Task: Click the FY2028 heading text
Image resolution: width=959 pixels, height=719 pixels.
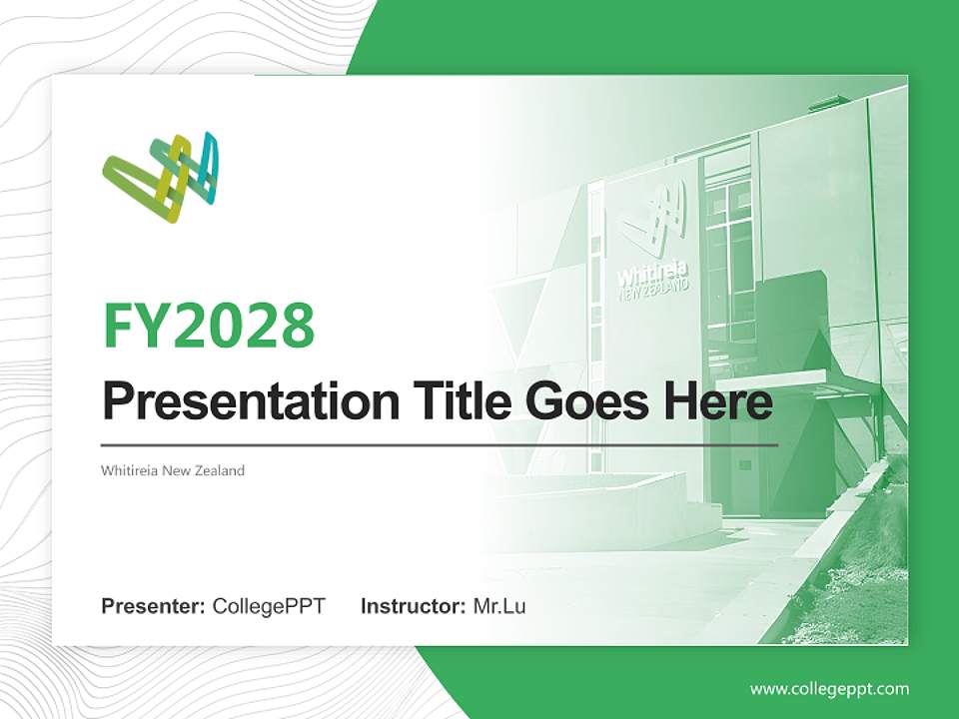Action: pyautogui.click(x=209, y=325)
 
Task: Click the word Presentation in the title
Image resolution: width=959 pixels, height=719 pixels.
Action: pyautogui.click(x=236, y=403)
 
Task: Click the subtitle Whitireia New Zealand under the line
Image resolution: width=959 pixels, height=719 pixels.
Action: pyautogui.click(x=172, y=470)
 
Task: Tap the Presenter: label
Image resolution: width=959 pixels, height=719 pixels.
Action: pyautogui.click(x=153, y=606)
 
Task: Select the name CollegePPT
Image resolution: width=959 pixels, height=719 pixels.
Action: pyautogui.click(x=269, y=606)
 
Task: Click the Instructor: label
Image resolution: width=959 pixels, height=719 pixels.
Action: pyautogui.click(x=413, y=606)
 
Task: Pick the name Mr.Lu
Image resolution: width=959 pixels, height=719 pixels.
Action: pyautogui.click(x=499, y=606)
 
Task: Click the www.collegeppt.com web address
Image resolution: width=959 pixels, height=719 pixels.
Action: pyautogui.click(x=829, y=689)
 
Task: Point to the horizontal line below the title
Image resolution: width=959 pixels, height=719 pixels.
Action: pyautogui.click(x=440, y=444)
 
